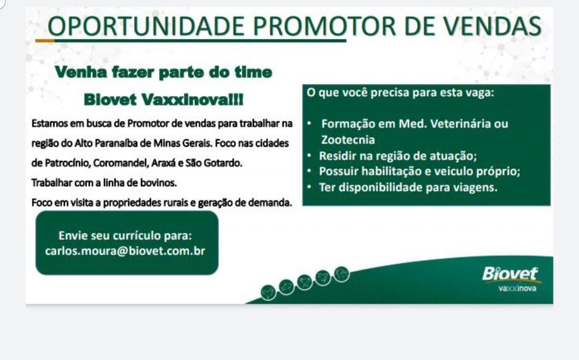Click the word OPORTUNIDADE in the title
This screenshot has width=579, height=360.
coord(146,26)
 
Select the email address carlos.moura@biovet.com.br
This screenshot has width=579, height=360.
coord(125,251)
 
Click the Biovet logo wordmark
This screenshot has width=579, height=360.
coord(510,274)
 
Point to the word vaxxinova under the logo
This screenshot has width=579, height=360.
coord(517,288)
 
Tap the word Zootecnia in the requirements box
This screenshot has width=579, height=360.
coord(348,139)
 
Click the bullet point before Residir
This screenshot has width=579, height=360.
coord(309,156)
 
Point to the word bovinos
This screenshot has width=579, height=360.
coord(158,182)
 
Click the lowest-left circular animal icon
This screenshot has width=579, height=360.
coord(268,293)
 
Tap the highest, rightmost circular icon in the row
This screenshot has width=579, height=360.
coord(342,274)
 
